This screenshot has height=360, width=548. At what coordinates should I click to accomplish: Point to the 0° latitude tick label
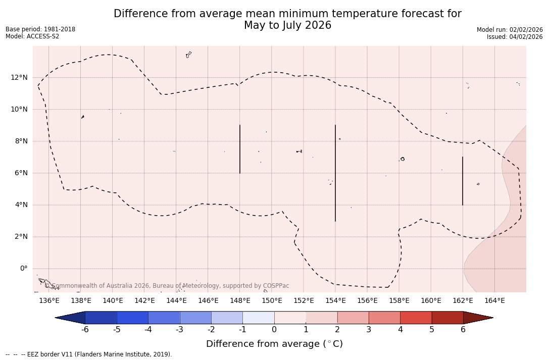[x=23, y=269]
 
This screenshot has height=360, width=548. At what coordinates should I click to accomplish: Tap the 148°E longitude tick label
[x=240, y=301]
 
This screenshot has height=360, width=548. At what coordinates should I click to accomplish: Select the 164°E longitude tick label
[x=494, y=301]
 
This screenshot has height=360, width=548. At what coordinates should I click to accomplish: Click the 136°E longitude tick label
[x=49, y=301]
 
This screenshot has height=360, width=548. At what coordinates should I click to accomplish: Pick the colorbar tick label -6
[x=85, y=330]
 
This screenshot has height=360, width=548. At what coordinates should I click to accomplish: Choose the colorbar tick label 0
[x=274, y=330]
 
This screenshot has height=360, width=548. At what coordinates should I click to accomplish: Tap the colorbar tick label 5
[x=432, y=330]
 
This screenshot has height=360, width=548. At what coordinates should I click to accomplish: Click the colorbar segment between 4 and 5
[x=416, y=318]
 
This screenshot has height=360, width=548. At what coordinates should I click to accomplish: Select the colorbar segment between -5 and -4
[x=132, y=318]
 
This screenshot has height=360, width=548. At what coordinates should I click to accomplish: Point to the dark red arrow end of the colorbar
[x=477, y=318]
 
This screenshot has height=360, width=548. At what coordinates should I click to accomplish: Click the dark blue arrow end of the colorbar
[x=71, y=318]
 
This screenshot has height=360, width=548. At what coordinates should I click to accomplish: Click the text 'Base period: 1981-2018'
[x=40, y=29]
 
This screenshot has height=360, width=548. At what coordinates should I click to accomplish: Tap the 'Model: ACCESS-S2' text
[x=32, y=36]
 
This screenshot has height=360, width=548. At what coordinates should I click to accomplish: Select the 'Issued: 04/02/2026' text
[x=515, y=37]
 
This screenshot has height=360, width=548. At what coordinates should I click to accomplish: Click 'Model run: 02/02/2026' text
[x=510, y=30]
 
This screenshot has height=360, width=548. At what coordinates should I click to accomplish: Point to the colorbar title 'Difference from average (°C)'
[x=274, y=344]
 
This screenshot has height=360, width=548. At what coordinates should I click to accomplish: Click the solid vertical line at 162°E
[x=463, y=181]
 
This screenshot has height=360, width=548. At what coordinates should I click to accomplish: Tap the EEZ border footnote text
[x=89, y=354]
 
